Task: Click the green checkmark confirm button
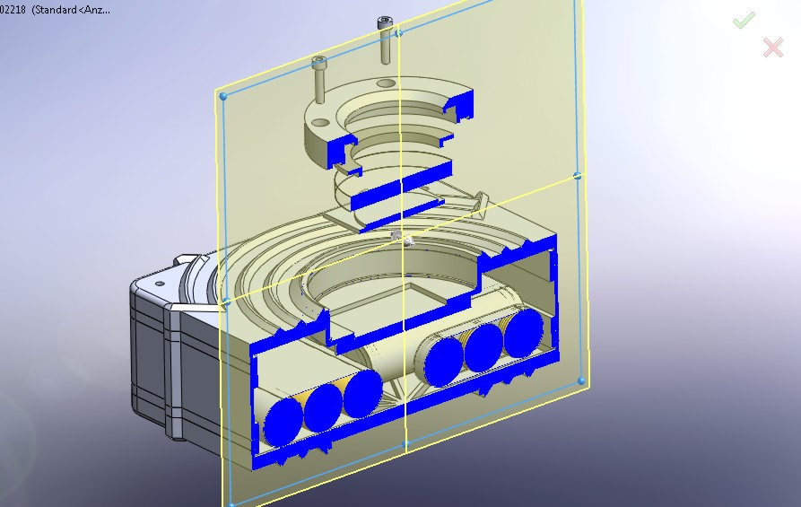pos(744,20)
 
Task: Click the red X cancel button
pos(772,48)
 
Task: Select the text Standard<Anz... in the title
pos(72,10)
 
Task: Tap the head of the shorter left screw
pos(320,62)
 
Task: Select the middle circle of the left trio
pos(325,406)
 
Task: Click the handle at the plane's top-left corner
pos(222,93)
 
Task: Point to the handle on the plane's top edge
pos(399,32)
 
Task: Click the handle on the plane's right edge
pos(578,176)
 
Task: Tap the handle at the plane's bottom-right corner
pos(582,381)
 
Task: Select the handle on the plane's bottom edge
pos(406,442)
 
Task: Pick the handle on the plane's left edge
pos(225,302)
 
